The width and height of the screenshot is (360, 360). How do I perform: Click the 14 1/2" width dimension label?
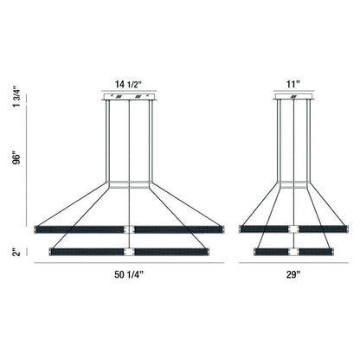click(130, 86)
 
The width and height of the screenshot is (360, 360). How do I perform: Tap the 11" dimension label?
click(292, 86)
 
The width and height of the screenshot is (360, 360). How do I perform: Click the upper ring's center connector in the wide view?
click(130, 228)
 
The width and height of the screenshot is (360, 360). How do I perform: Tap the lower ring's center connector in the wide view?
click(130, 252)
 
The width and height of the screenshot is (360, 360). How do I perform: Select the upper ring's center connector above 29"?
click(292, 228)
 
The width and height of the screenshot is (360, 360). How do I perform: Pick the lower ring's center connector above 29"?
click(292, 252)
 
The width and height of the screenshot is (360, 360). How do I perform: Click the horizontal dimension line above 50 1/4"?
click(130, 265)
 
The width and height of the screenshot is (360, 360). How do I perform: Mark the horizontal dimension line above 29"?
click(292, 265)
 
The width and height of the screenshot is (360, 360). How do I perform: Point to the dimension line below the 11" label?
click(292, 93)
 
